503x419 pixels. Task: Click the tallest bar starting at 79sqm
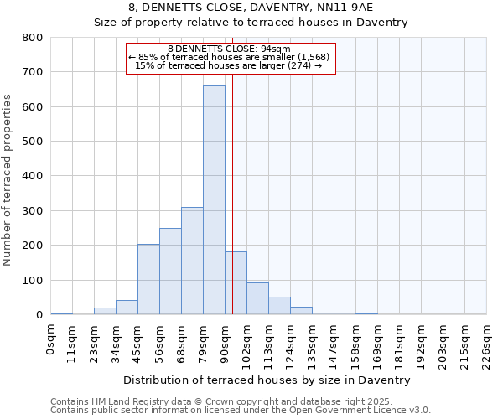coord(214,200)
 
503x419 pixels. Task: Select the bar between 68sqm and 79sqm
coord(192,261)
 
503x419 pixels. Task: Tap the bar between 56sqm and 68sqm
coord(170,272)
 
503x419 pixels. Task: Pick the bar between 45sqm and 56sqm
coord(148,279)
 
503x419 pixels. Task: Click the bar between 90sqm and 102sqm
coord(236,283)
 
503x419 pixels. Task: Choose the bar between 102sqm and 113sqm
coord(257,298)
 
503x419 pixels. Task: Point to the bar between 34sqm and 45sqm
coord(127,308)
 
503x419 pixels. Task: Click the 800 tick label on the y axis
coord(33,38)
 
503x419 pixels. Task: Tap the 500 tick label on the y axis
coord(33,142)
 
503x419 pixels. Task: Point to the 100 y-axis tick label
coord(33,280)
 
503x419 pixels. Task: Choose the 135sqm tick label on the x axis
coord(312,343)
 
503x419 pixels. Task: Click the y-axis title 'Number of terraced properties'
coord(8,180)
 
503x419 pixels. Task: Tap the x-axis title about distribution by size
coord(267,380)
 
